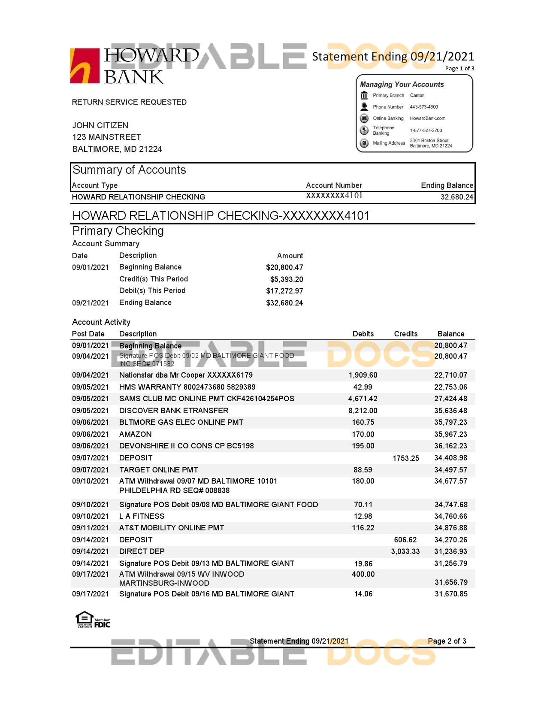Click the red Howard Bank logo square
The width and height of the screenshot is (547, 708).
click(85, 66)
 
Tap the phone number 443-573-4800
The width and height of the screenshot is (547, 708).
click(423, 107)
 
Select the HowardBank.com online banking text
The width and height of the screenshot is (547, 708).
click(427, 118)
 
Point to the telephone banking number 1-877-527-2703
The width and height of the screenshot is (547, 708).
click(426, 130)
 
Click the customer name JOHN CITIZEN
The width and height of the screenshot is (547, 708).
click(100, 125)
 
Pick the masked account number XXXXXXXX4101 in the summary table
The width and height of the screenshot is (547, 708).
click(334, 196)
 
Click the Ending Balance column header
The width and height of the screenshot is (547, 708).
click(447, 185)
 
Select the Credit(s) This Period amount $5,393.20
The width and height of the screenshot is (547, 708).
click(286, 279)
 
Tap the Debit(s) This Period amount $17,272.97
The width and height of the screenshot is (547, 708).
click(284, 291)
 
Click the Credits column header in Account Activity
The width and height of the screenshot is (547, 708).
click(405, 334)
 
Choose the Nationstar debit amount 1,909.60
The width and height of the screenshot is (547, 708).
click(363, 375)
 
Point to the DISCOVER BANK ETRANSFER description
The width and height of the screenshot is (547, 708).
click(174, 411)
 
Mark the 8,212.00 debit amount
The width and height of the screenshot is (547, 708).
click(363, 411)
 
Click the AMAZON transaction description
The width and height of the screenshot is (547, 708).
click(135, 434)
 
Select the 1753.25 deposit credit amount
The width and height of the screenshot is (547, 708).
click(405, 458)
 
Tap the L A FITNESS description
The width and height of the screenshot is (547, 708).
click(142, 516)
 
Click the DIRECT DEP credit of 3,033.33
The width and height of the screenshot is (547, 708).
click(405, 551)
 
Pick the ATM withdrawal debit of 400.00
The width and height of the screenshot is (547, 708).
click(363, 574)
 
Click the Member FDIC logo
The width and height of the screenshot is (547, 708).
click(102, 623)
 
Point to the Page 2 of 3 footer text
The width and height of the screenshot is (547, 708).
click(447, 641)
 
